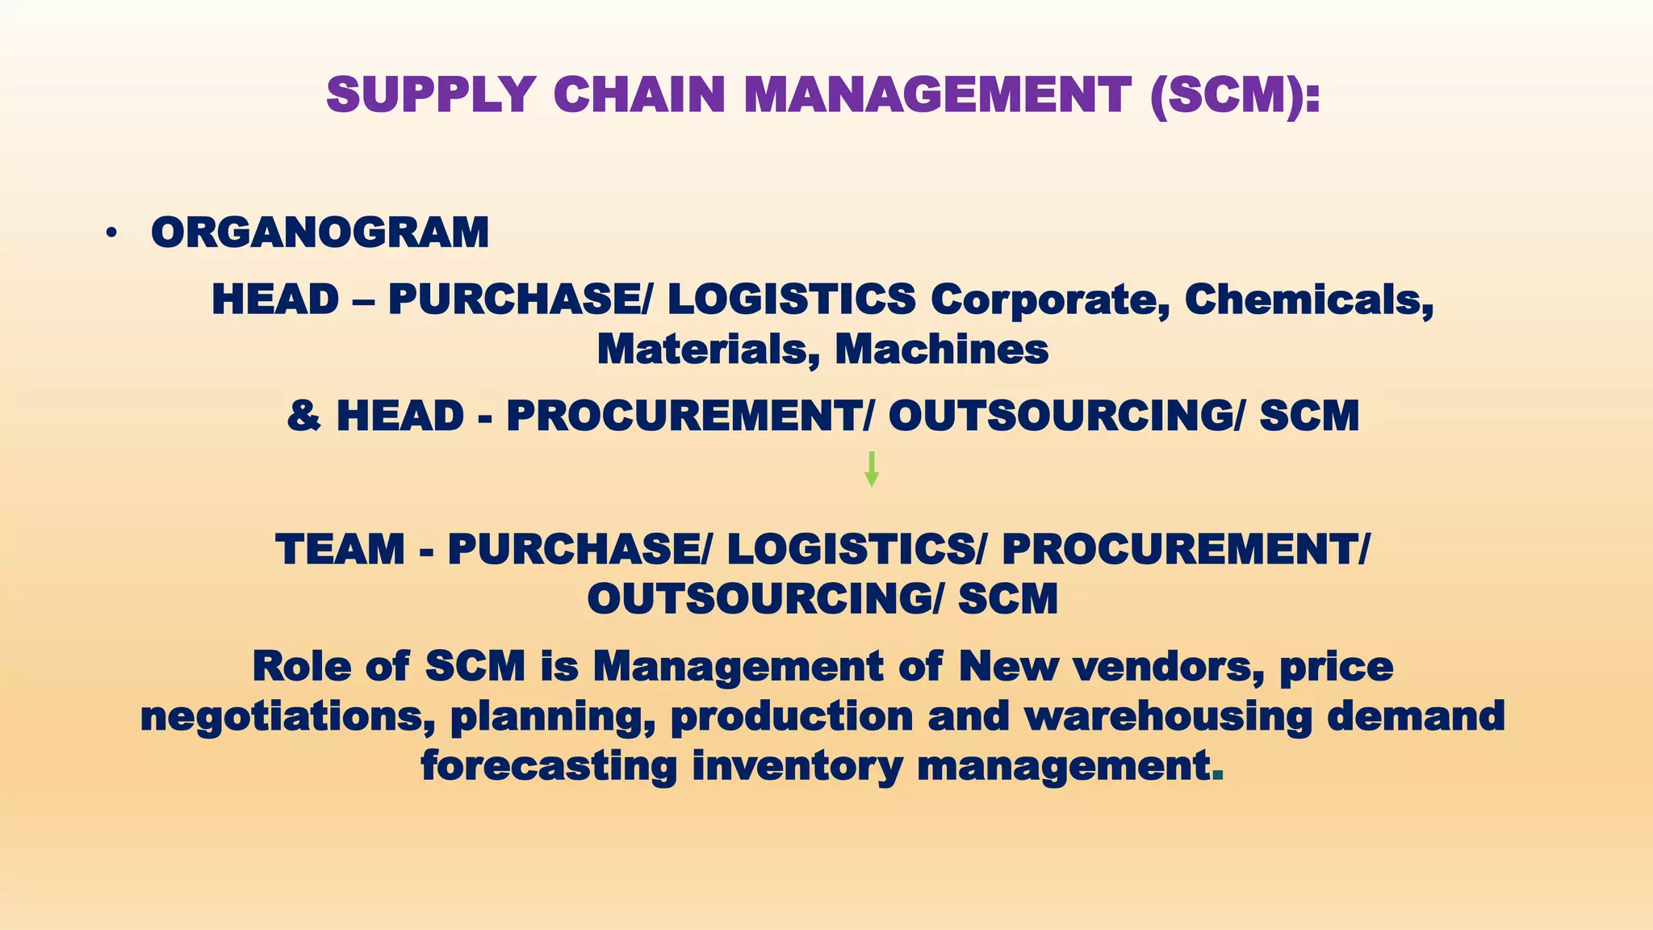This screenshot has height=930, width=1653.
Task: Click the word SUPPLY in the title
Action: point(431,95)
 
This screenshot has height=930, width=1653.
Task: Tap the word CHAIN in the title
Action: point(639,95)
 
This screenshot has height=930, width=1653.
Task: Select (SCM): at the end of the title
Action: point(1236,95)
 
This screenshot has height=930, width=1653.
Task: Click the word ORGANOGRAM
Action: point(320,232)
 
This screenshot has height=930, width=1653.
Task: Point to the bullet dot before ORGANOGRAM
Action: point(111,234)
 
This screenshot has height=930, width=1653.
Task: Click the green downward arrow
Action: point(871,469)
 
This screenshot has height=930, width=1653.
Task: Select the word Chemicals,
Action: point(1308,300)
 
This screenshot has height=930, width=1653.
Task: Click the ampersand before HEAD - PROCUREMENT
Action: point(303,417)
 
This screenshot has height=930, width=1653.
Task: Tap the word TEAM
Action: point(340,550)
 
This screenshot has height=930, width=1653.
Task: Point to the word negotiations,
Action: point(287,717)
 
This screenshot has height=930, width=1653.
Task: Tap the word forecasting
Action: point(549,766)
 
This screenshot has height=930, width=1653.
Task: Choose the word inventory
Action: point(797,766)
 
